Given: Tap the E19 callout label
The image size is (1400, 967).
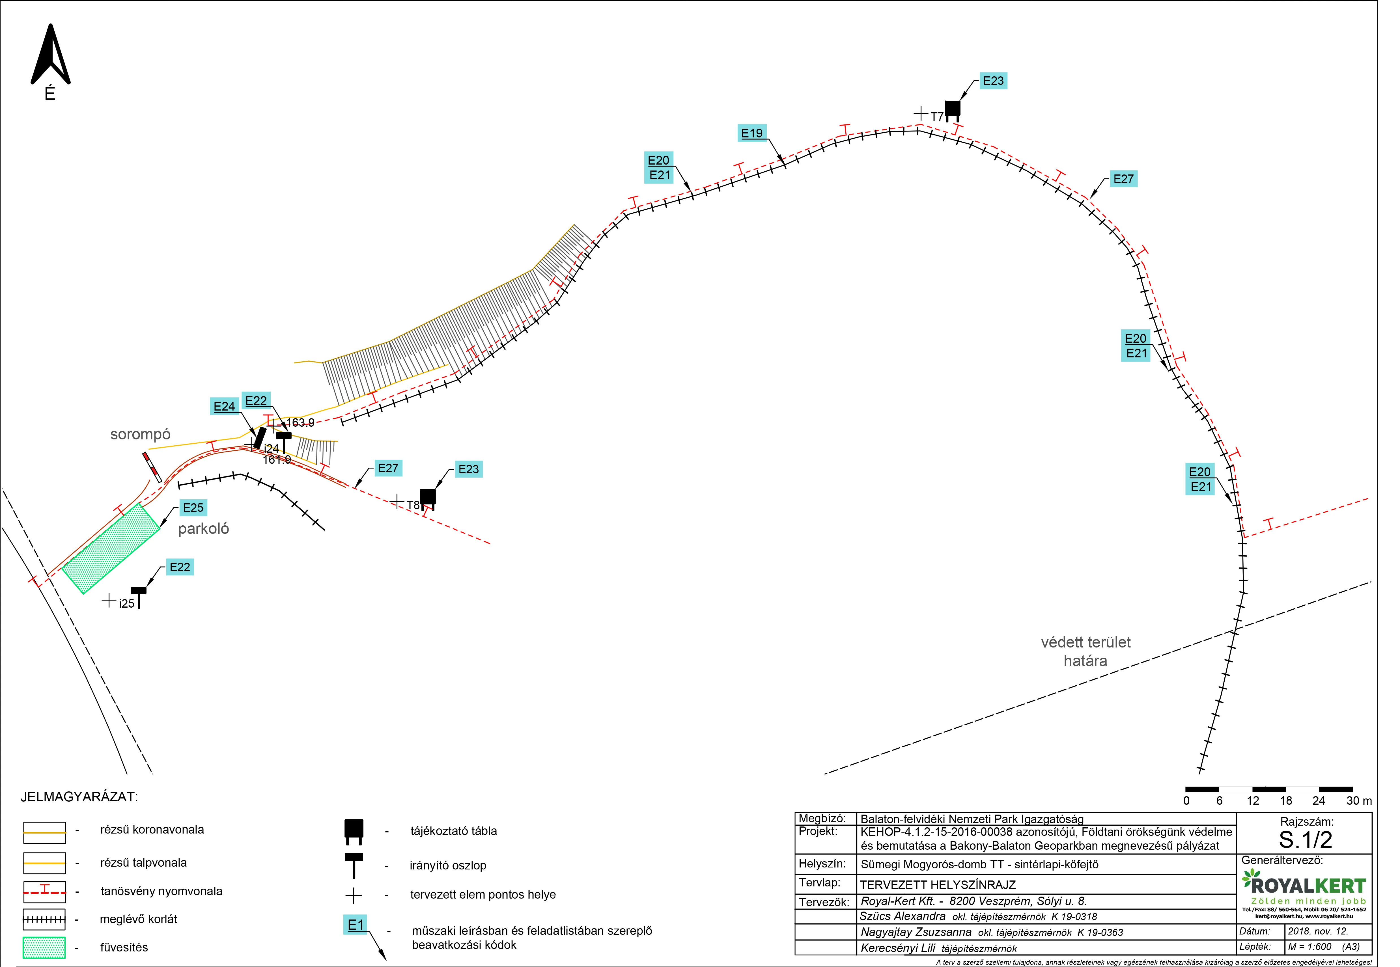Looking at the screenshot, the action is click(752, 133).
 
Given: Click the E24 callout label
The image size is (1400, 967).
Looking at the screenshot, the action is click(224, 406).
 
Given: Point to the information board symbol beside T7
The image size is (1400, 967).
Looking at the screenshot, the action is click(952, 111).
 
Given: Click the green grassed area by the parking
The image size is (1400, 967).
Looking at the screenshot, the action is click(111, 548).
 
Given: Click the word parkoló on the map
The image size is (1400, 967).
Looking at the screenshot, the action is click(204, 529).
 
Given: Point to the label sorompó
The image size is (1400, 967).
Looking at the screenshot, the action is click(141, 434).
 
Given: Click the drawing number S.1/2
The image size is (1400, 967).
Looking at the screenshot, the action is click(1306, 840).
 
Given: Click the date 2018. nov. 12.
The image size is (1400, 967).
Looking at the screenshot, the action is click(1318, 931).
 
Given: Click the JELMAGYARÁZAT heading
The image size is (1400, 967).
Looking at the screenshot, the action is click(79, 797).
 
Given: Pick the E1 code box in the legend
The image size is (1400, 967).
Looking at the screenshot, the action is click(356, 925).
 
